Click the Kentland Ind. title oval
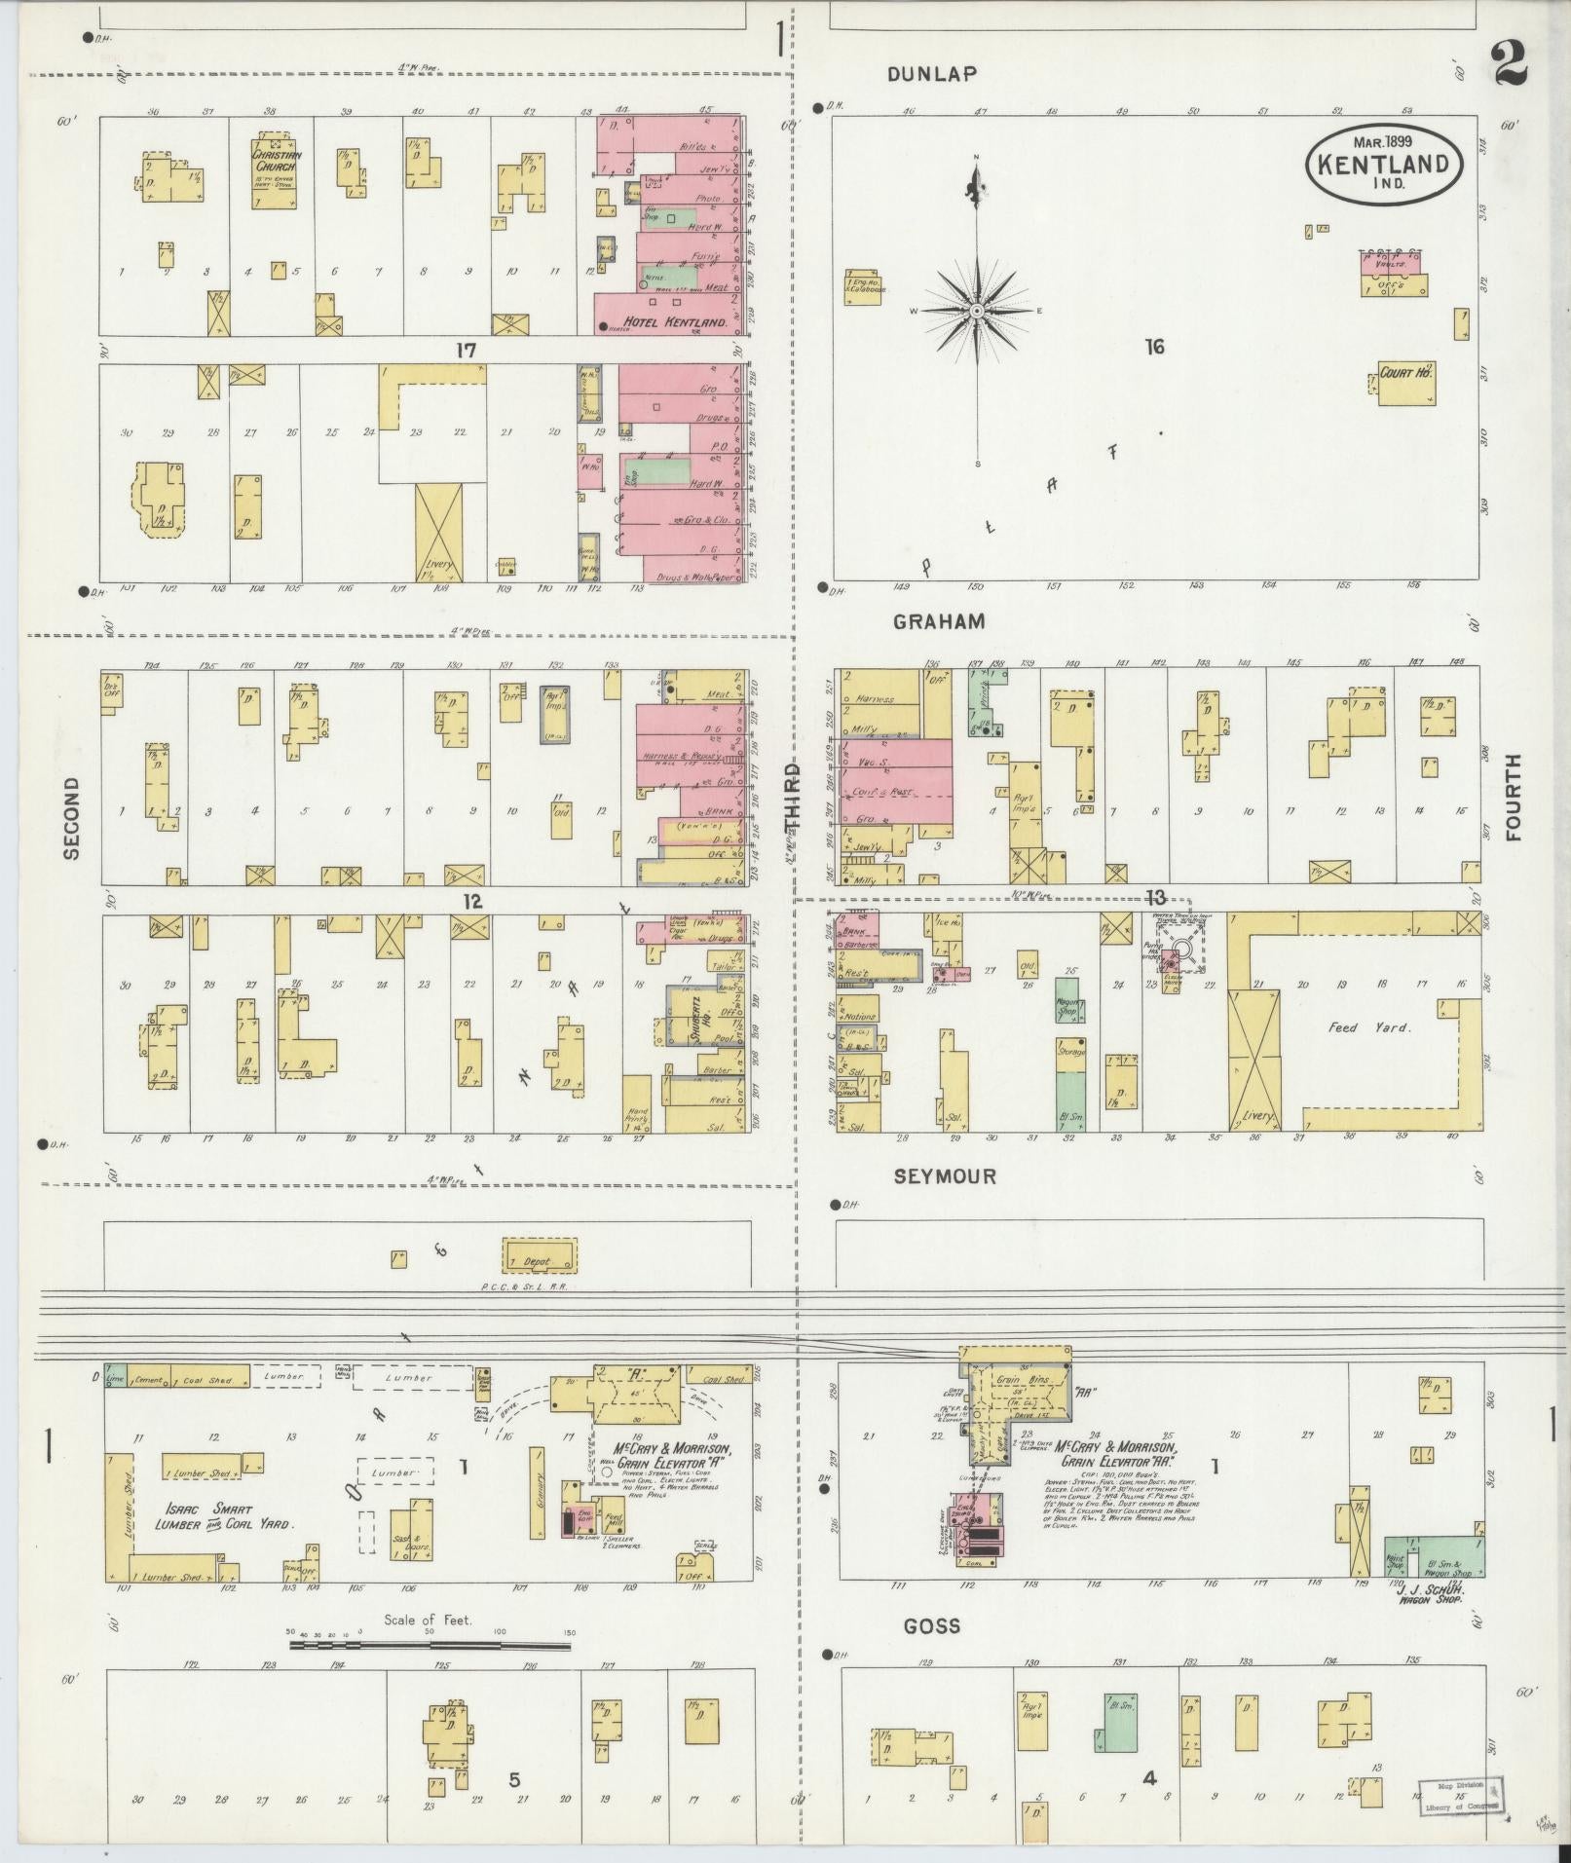[x=1383, y=165]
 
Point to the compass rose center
[x=976, y=311]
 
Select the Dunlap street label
[x=932, y=74]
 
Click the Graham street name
[x=940, y=621]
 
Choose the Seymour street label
[x=945, y=1176]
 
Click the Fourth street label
[x=1513, y=797]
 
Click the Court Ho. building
[x=1405, y=382]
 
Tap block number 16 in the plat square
[x=1155, y=346]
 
